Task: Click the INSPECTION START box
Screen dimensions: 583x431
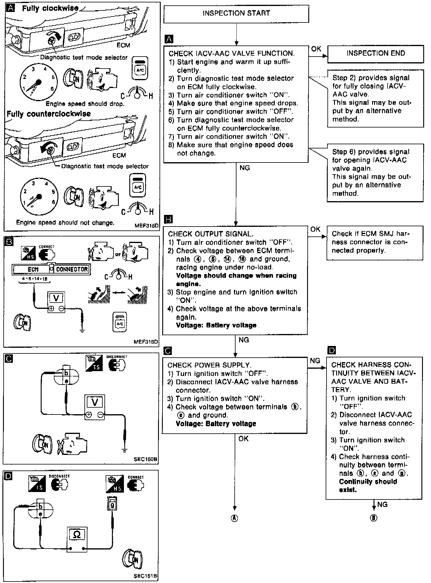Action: tap(236, 13)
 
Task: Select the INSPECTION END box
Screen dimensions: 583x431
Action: tap(376, 54)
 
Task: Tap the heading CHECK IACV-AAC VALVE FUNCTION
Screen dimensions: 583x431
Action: tap(231, 54)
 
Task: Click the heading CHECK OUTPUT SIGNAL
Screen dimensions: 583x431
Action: tap(210, 234)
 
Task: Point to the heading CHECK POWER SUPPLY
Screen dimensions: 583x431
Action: tap(209, 365)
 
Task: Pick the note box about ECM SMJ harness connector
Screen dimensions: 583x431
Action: tap(375, 242)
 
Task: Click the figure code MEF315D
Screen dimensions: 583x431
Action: tap(146, 226)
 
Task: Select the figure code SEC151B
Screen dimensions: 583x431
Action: tap(146, 576)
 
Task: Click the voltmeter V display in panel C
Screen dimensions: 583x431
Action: tap(95, 402)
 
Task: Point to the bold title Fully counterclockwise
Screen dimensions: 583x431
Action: tap(48, 114)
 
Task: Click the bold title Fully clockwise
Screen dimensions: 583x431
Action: tap(50, 8)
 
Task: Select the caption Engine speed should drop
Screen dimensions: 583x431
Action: tap(85, 104)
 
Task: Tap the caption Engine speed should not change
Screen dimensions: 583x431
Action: tap(65, 223)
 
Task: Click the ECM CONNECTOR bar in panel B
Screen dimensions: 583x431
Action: tap(51, 269)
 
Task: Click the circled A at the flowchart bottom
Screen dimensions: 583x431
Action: tap(235, 518)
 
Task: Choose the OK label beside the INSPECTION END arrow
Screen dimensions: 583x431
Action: tap(316, 49)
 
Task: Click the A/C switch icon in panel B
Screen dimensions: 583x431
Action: tap(120, 322)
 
